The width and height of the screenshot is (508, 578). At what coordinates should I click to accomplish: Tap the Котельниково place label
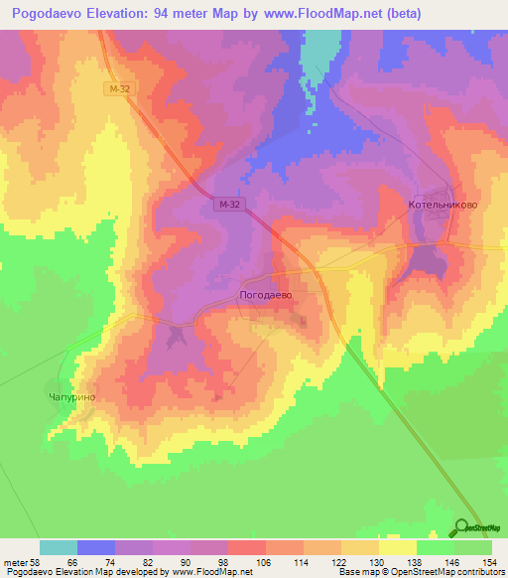click(x=443, y=205)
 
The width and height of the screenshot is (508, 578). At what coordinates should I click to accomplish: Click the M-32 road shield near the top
click(x=120, y=89)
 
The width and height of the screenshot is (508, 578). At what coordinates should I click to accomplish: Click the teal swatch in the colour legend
click(x=59, y=547)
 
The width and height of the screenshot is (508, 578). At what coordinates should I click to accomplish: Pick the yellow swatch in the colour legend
click(x=398, y=547)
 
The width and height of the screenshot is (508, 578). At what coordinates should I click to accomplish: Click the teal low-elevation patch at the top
click(x=319, y=55)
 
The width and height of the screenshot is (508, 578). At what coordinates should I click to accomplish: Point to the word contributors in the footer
click(x=475, y=572)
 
